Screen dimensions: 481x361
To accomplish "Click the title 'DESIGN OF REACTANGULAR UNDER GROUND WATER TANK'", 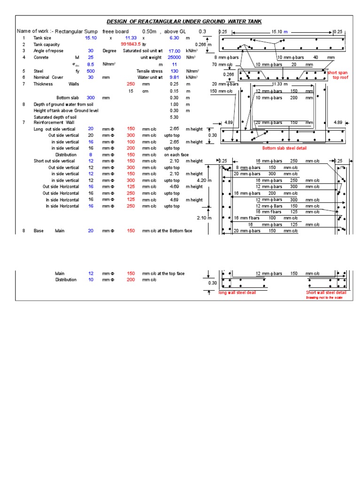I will coord(184,21).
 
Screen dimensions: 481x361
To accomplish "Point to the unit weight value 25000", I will coord(174,57).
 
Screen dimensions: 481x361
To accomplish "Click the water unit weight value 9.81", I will coord(174,78).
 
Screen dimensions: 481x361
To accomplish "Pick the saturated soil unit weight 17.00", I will coord(174,51).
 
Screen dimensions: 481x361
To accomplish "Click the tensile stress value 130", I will coord(175,71).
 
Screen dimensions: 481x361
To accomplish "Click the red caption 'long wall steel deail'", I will coord(237,293).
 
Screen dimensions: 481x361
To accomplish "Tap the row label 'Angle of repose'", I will coord(48,51).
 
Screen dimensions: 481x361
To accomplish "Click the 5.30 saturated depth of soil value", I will coord(174,117).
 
